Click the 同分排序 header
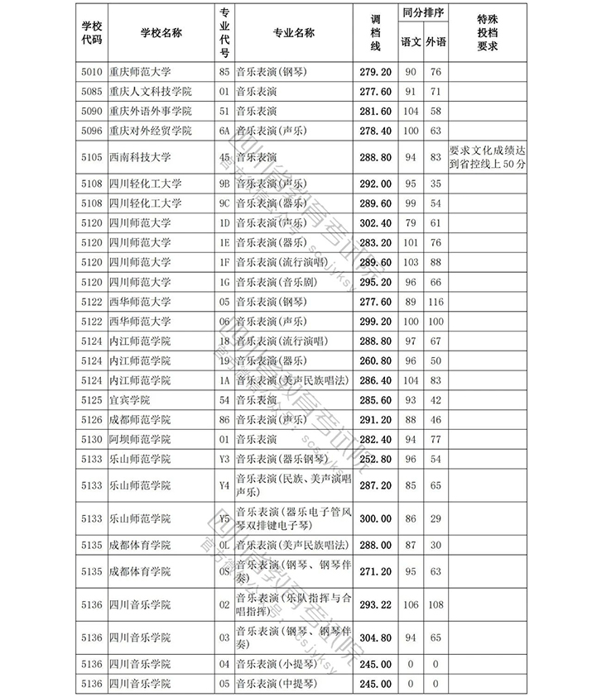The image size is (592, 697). click(x=423, y=14)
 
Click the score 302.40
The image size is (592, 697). click(x=374, y=222)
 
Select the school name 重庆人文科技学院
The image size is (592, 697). click(x=150, y=91)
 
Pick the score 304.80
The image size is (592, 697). click(x=374, y=637)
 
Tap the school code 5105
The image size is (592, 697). click(x=93, y=156)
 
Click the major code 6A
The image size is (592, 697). click(x=224, y=131)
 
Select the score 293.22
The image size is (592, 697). click(x=374, y=605)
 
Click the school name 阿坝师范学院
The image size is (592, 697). click(x=139, y=439)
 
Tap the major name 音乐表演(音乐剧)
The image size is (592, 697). click(x=277, y=282)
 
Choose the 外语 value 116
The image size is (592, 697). click(x=436, y=302)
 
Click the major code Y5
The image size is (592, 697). click(x=224, y=518)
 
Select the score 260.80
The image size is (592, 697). click(x=374, y=360)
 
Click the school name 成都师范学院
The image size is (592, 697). click(x=139, y=419)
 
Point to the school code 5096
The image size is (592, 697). click(x=93, y=131)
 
